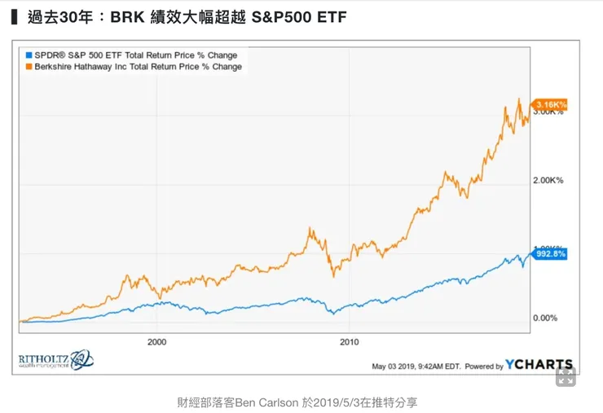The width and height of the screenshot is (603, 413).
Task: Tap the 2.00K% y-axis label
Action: pos(548,180)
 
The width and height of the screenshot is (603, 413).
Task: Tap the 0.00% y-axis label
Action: pos(544,318)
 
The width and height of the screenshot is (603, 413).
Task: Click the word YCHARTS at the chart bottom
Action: pos(539,365)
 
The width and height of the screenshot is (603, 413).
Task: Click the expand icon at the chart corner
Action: pos(566,376)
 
